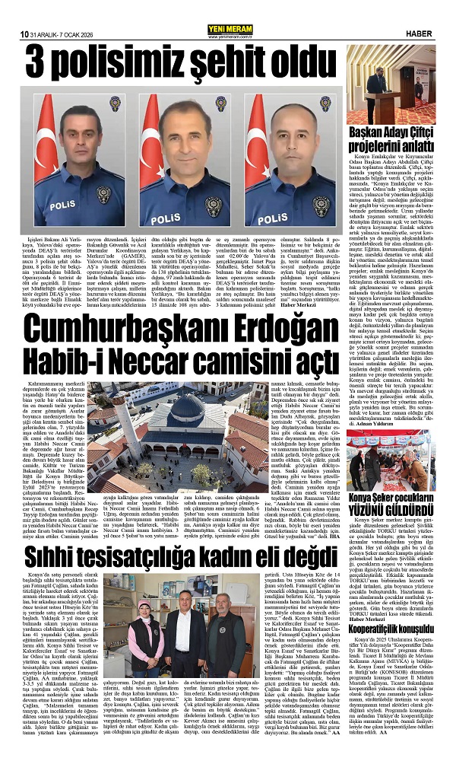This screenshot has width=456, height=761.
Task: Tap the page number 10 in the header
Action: pos(26,34)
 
